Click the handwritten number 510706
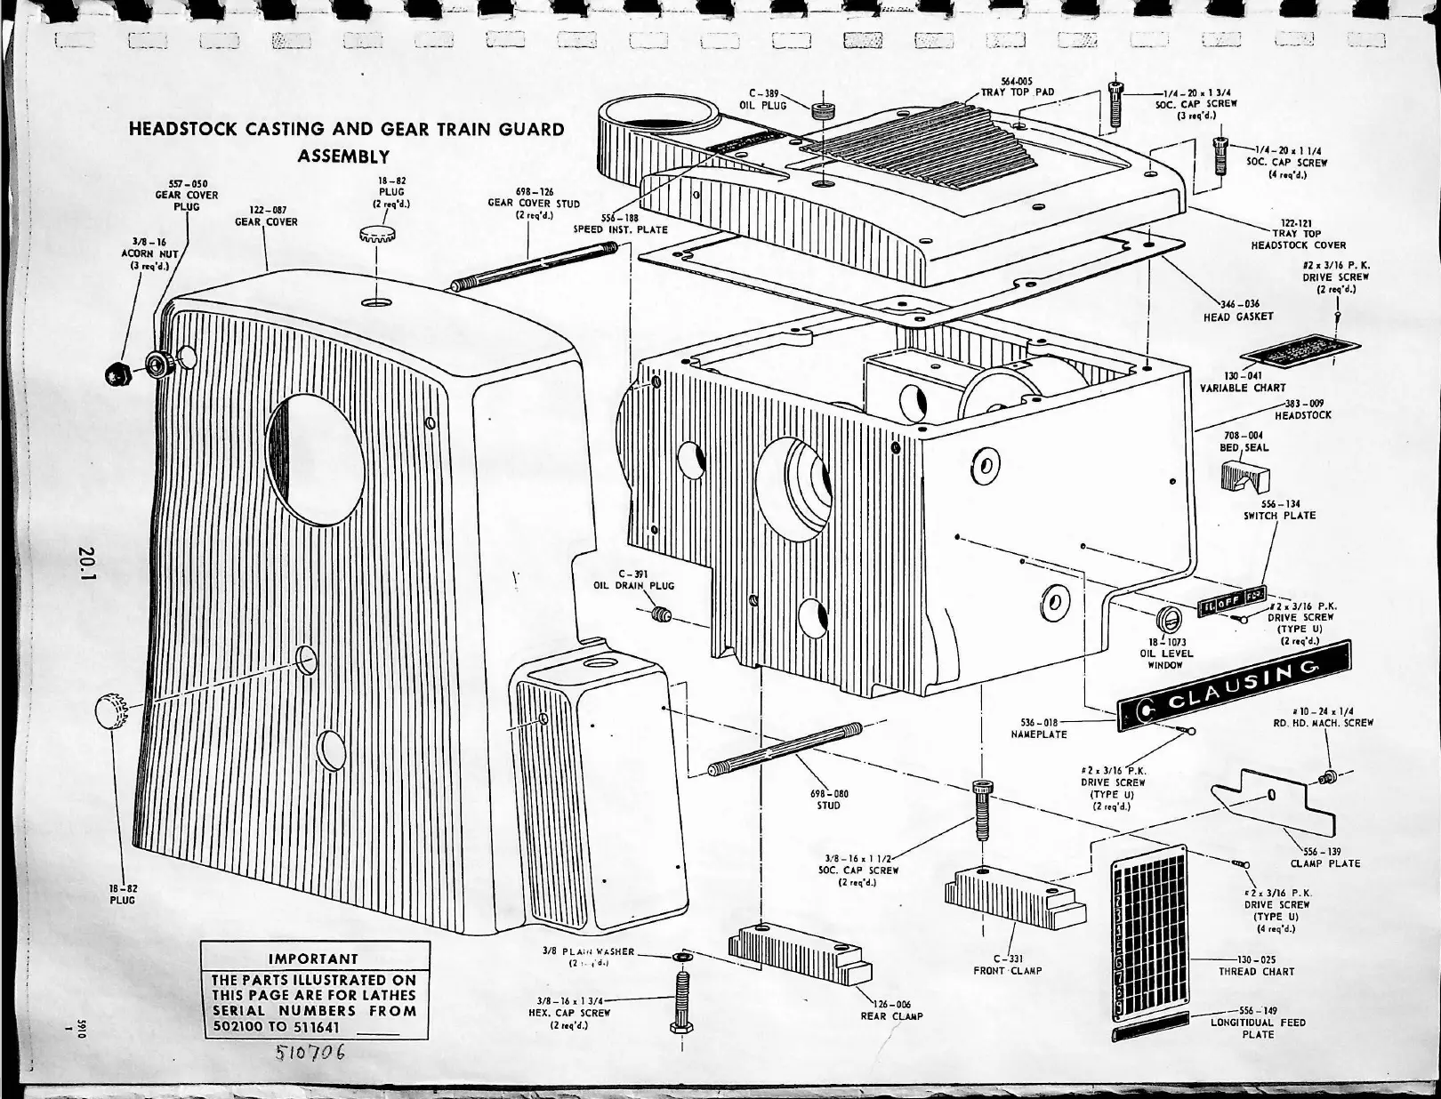310,1055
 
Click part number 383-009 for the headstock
1304,404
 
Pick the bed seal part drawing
1245,480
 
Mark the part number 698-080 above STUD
828,793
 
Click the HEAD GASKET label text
1238,317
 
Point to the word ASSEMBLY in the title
343,156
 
